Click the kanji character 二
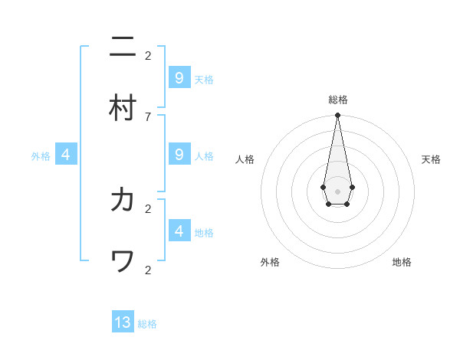pos(123,47)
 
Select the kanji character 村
pos(123,108)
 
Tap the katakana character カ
pos(123,200)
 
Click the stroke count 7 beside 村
pos(148,116)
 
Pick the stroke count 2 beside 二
pos(148,55)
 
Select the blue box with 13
pos(123,322)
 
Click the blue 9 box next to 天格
pos(179,77)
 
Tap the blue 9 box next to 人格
pos(179,154)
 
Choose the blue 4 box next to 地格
pos(179,230)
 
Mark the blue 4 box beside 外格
pos(66,154)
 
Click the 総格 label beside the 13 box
pos(147,324)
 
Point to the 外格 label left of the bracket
pos(41,155)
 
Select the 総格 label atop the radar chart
pos(338,100)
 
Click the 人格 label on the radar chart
pos(245,159)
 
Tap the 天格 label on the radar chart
pos(431,159)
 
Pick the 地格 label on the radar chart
pos(402,262)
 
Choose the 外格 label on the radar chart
pos(270,262)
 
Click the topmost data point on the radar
pos(337,116)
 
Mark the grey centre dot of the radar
pos(337,191)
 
